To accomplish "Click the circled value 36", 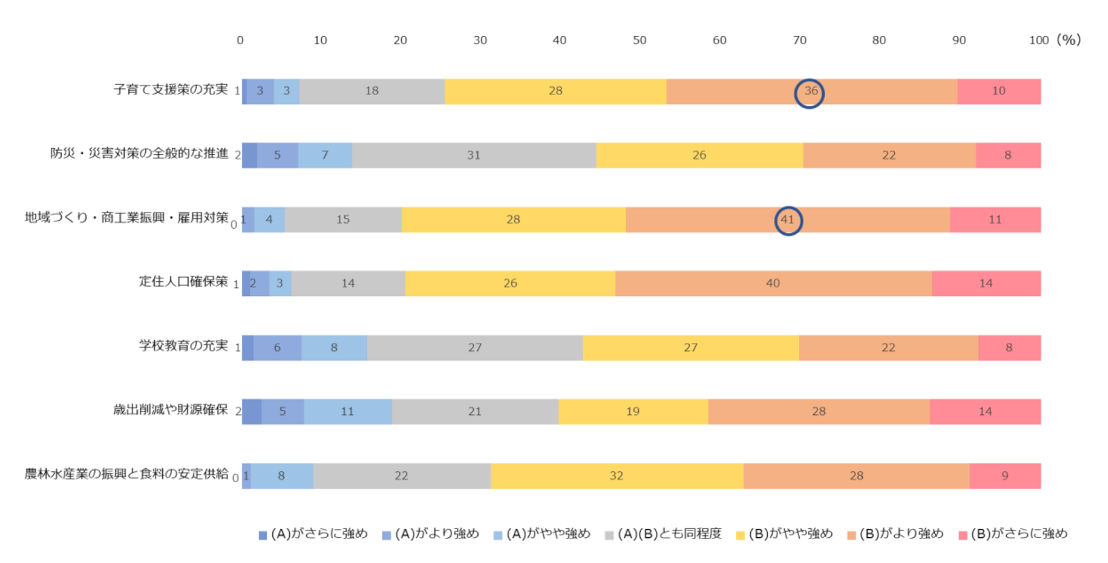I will pos(810,92).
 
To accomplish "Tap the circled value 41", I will pos(788,220).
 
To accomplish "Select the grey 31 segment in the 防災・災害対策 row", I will pos(474,156).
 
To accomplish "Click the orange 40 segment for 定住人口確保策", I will pos(773,284).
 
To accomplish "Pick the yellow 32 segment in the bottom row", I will pos(616,476).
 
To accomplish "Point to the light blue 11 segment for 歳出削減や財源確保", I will pos(348,412).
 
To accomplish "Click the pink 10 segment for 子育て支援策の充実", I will pos(999,92).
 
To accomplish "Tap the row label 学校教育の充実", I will pos(183,346).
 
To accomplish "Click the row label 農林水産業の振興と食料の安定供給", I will pos(126,474).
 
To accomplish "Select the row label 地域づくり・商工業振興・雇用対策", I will pos(126,218).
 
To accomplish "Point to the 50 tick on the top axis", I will pos(640,41).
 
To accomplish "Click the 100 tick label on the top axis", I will pos(1039,41).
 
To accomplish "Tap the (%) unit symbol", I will pos(1069,40).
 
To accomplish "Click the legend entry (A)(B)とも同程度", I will pos(669,534).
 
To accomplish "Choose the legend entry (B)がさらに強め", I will pos(1019,534).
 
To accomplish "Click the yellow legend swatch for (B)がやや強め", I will pos(741,535).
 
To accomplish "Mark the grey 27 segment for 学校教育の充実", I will pos(475,348).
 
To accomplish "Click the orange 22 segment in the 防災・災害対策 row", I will pos(889,156).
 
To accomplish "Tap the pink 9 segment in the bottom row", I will pos(1005,476).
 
